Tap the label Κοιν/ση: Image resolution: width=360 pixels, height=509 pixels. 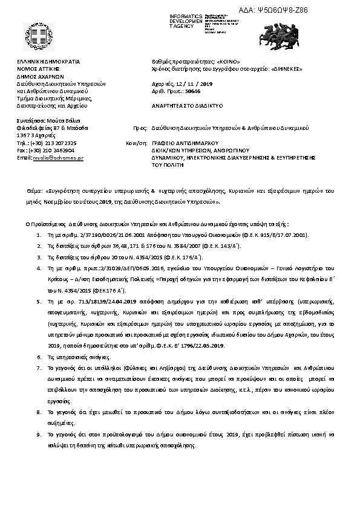tap(134, 143)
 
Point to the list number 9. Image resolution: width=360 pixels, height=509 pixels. tap(39, 435)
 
